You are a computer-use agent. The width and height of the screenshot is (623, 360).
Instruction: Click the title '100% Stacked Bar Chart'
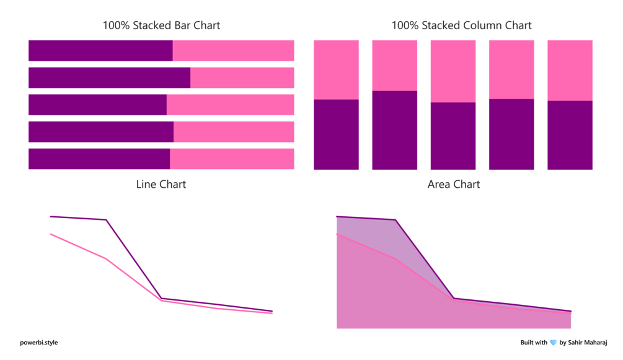[x=161, y=25]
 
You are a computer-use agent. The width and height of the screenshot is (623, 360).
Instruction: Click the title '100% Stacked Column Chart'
[x=461, y=25]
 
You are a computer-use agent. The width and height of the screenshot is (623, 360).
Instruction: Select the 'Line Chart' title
[x=161, y=184]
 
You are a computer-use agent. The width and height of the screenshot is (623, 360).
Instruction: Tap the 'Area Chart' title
[x=454, y=184]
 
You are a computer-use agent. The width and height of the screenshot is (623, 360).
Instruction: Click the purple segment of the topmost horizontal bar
[x=100, y=51]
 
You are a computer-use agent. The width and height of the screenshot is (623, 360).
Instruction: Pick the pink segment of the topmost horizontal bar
[x=233, y=51]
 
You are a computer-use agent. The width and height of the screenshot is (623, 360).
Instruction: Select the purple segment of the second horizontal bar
[x=109, y=77]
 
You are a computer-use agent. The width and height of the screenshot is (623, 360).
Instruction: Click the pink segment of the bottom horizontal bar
[x=232, y=159]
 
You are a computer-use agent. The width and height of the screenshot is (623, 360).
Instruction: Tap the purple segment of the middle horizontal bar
[x=97, y=105]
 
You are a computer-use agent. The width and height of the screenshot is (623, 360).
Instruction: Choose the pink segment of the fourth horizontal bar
[x=234, y=131]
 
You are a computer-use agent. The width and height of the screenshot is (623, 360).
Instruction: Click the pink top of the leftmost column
[x=336, y=69]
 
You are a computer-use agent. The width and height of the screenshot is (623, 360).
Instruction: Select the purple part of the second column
[x=394, y=130]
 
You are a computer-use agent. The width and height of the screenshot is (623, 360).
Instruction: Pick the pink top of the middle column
[x=453, y=71]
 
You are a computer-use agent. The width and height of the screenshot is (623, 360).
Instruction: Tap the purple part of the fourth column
[x=511, y=134]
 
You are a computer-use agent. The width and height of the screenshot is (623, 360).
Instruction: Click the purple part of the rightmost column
[x=570, y=135]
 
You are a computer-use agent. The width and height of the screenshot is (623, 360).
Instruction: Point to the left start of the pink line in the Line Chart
[x=51, y=234]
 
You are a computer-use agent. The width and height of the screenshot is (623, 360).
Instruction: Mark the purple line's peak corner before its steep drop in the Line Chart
[x=107, y=220]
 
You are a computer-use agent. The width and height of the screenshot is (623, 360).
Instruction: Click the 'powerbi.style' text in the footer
[x=38, y=343]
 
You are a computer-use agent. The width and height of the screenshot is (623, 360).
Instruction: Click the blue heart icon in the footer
[x=554, y=343]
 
